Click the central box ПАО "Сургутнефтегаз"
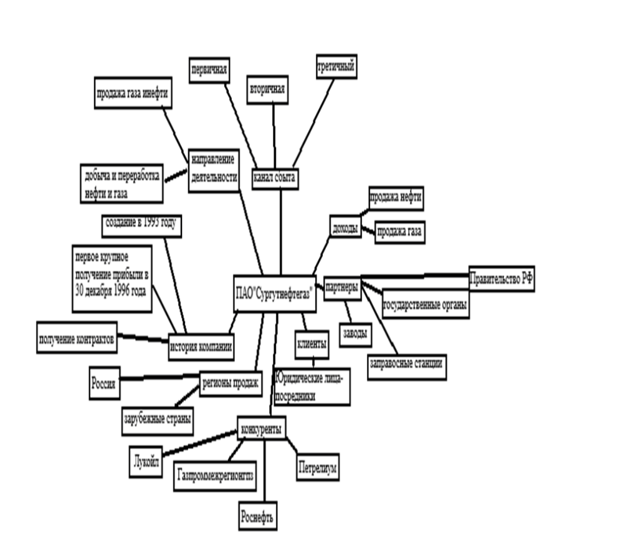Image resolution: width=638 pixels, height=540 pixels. pyautogui.click(x=275, y=293)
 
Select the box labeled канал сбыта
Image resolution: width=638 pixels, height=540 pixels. pyautogui.click(x=275, y=179)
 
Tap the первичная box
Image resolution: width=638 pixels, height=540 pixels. pyautogui.click(x=209, y=70)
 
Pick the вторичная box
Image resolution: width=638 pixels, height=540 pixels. pyautogui.click(x=267, y=90)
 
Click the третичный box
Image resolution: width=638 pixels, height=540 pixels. pyautogui.click(x=336, y=67)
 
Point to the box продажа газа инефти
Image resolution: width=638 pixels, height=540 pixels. pyautogui.click(x=133, y=93)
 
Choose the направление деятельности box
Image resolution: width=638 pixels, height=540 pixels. pyautogui.click(x=214, y=171)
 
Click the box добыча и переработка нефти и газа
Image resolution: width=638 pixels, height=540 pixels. pyautogui.click(x=121, y=183)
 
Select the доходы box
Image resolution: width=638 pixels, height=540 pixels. pyautogui.click(x=345, y=227)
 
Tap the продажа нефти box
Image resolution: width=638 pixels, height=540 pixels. pyautogui.click(x=396, y=199)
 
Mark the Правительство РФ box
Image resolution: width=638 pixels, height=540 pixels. pyautogui.click(x=502, y=279)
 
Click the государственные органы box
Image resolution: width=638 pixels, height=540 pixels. pyautogui.click(x=426, y=304)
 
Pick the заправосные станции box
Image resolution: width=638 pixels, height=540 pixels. pyautogui.click(x=407, y=367)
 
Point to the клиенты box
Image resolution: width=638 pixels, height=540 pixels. pyautogui.click(x=312, y=344)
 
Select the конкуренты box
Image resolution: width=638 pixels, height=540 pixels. pyautogui.click(x=262, y=428)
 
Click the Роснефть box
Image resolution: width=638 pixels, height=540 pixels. pyautogui.click(x=257, y=516)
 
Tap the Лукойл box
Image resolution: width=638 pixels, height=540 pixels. pyautogui.click(x=146, y=462)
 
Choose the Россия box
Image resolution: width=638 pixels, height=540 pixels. pyautogui.click(x=105, y=383)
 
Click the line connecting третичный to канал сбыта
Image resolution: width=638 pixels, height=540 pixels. pyautogui.click(x=313, y=123)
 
